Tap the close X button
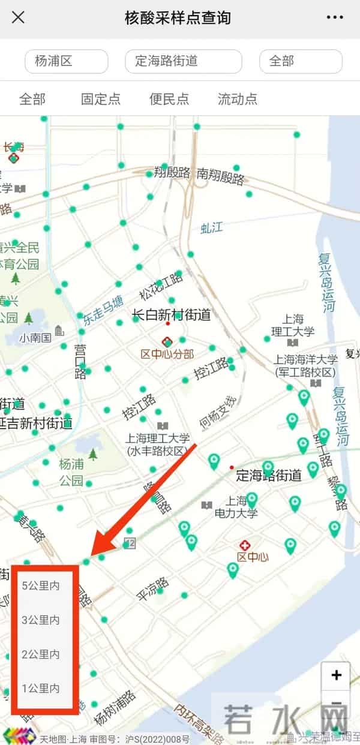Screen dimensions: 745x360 tap(19, 17)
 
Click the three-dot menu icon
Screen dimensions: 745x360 tap(335, 17)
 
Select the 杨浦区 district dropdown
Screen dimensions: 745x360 tap(66, 61)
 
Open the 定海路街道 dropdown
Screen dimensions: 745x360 tap(183, 61)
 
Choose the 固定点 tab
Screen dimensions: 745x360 tap(101, 99)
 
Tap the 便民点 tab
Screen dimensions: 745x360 tap(169, 99)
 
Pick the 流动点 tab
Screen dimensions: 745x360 tap(238, 99)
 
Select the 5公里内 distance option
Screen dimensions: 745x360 tap(41, 585)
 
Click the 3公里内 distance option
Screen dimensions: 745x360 tap(41, 620)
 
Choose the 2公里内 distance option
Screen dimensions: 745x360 tap(41, 654)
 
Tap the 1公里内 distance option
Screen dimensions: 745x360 tap(41, 689)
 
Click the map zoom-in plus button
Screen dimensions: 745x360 tap(336, 675)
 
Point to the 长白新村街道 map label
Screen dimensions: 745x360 tap(172, 314)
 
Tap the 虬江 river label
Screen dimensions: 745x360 tap(212, 227)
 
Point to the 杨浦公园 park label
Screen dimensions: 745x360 tap(71, 472)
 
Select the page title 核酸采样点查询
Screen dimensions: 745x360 tap(178, 17)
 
